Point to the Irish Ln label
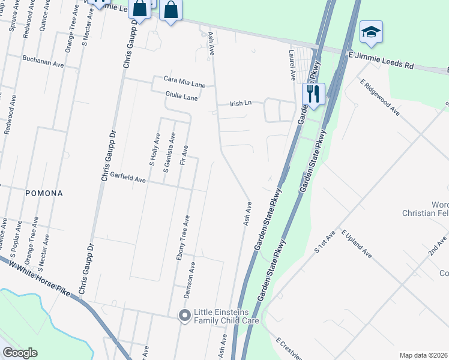[241, 104]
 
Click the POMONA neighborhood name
[44, 194]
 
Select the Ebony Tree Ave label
[182, 238]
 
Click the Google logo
[20, 353]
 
